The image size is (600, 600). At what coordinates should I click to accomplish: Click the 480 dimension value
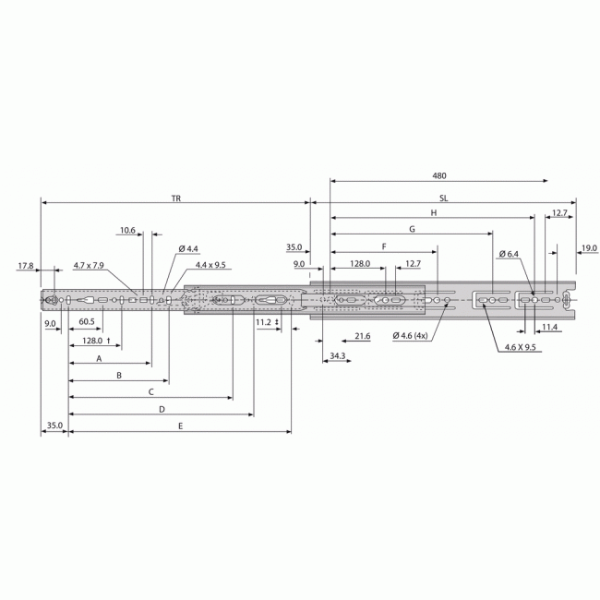point(438,175)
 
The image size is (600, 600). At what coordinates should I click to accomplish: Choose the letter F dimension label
point(383,247)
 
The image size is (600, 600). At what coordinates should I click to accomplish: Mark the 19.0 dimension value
point(589,247)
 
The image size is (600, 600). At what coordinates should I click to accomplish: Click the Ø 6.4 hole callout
point(509,254)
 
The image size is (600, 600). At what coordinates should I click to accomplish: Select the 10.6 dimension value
point(127,231)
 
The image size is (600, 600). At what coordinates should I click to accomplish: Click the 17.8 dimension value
point(25,266)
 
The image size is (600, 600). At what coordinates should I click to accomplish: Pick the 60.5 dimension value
point(86,322)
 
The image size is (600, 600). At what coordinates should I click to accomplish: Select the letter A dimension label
point(98,360)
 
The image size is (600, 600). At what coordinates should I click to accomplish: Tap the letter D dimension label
point(162,408)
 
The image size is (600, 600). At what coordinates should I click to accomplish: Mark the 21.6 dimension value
point(362,336)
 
